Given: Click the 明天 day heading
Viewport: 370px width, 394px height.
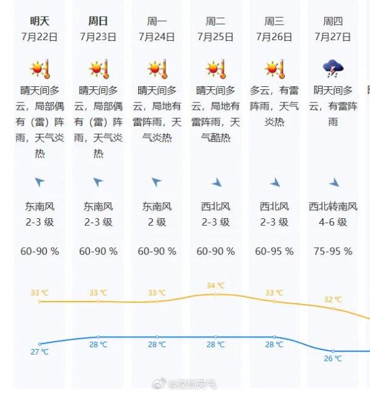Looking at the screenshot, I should coord(39,22).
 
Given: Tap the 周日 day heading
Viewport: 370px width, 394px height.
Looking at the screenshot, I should coord(98,22).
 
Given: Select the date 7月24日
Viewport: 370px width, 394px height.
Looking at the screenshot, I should coord(157,37).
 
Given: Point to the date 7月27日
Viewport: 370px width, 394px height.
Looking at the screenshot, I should coord(332,37).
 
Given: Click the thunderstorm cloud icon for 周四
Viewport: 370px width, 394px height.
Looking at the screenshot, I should coord(333,68).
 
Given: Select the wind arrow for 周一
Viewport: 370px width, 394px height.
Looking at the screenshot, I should coord(157,182).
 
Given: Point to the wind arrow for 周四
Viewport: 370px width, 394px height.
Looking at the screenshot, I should coord(334,183).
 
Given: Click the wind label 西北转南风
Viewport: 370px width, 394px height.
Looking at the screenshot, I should coord(333,207).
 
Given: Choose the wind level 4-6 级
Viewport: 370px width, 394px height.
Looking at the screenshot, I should coord(333,222).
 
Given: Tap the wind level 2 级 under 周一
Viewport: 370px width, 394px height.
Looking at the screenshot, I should coord(157,222).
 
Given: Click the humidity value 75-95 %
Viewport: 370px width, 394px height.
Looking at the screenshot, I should coord(333,252).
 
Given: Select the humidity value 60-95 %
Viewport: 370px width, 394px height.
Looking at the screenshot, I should coord(274,252).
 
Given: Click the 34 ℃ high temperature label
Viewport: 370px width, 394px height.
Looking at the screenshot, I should coord(216,285).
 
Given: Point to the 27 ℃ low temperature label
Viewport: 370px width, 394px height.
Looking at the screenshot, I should coord(39,352).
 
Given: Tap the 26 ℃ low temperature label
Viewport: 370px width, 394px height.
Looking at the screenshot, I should coord(333,359).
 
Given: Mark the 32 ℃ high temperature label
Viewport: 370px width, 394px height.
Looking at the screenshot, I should coord(333,300).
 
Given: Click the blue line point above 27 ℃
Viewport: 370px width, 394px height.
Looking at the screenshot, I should coord(39,343).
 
